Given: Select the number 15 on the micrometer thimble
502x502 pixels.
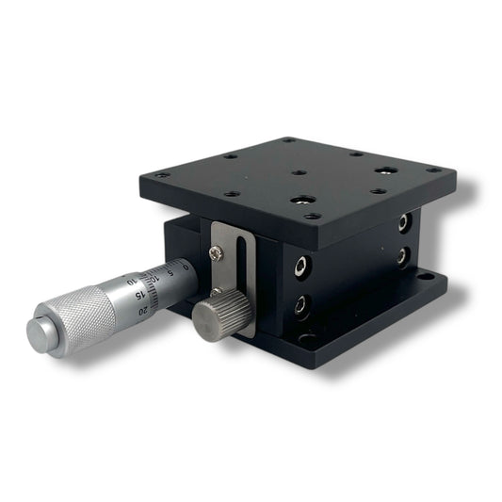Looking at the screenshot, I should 139,294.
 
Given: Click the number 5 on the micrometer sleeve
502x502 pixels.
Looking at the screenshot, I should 170,275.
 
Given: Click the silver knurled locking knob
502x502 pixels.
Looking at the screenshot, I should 216,320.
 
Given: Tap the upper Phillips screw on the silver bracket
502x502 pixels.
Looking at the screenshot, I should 218,251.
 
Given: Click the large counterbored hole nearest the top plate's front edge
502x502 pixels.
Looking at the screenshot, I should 303,201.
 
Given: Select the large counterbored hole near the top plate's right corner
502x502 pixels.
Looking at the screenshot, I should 384,171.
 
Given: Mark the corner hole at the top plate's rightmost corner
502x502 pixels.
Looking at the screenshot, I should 432,170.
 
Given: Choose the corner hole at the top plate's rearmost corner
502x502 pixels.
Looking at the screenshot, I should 288,140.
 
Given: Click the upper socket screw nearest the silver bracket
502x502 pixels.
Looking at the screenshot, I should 299,266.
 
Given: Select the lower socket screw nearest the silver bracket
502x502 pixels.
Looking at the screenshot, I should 300,303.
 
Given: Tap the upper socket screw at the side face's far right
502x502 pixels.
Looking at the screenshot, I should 404,222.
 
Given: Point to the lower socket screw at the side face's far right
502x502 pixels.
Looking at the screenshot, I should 404,255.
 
